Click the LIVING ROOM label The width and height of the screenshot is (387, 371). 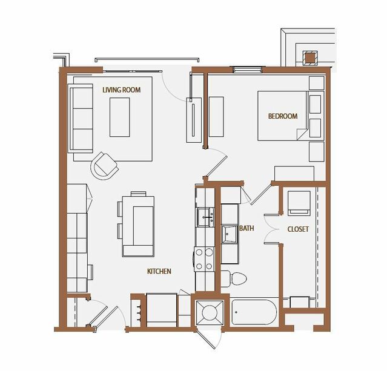pos(122,90)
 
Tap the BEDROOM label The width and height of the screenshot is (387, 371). pos(283,116)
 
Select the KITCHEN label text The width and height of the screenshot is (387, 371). pos(159,271)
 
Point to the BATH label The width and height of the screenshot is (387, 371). pos(246,228)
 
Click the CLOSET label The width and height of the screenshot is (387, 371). pos(298,229)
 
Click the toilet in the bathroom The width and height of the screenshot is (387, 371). pos(234,279)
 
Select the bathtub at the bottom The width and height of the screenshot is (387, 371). pos(254,312)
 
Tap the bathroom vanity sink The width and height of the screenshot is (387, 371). pos(230,234)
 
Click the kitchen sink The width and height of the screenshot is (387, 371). pos(205,217)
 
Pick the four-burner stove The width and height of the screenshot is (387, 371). pos(204,259)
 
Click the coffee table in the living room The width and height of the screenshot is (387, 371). pos(120,117)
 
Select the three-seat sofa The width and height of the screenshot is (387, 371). pos(81,119)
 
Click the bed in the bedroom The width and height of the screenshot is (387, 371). pos(283,116)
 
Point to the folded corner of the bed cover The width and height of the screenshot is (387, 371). pos(302,134)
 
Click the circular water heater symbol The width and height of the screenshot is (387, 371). pos(210,312)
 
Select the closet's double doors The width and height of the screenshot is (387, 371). pos(271,229)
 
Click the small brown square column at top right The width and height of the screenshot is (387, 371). pos(310,59)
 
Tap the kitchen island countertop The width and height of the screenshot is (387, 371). pos(138,226)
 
